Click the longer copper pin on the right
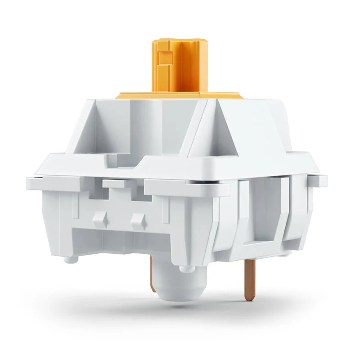[x=249, y=279]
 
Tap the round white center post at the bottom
[x=180, y=283]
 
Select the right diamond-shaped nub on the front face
[x=138, y=220]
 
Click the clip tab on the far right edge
[x=319, y=180]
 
